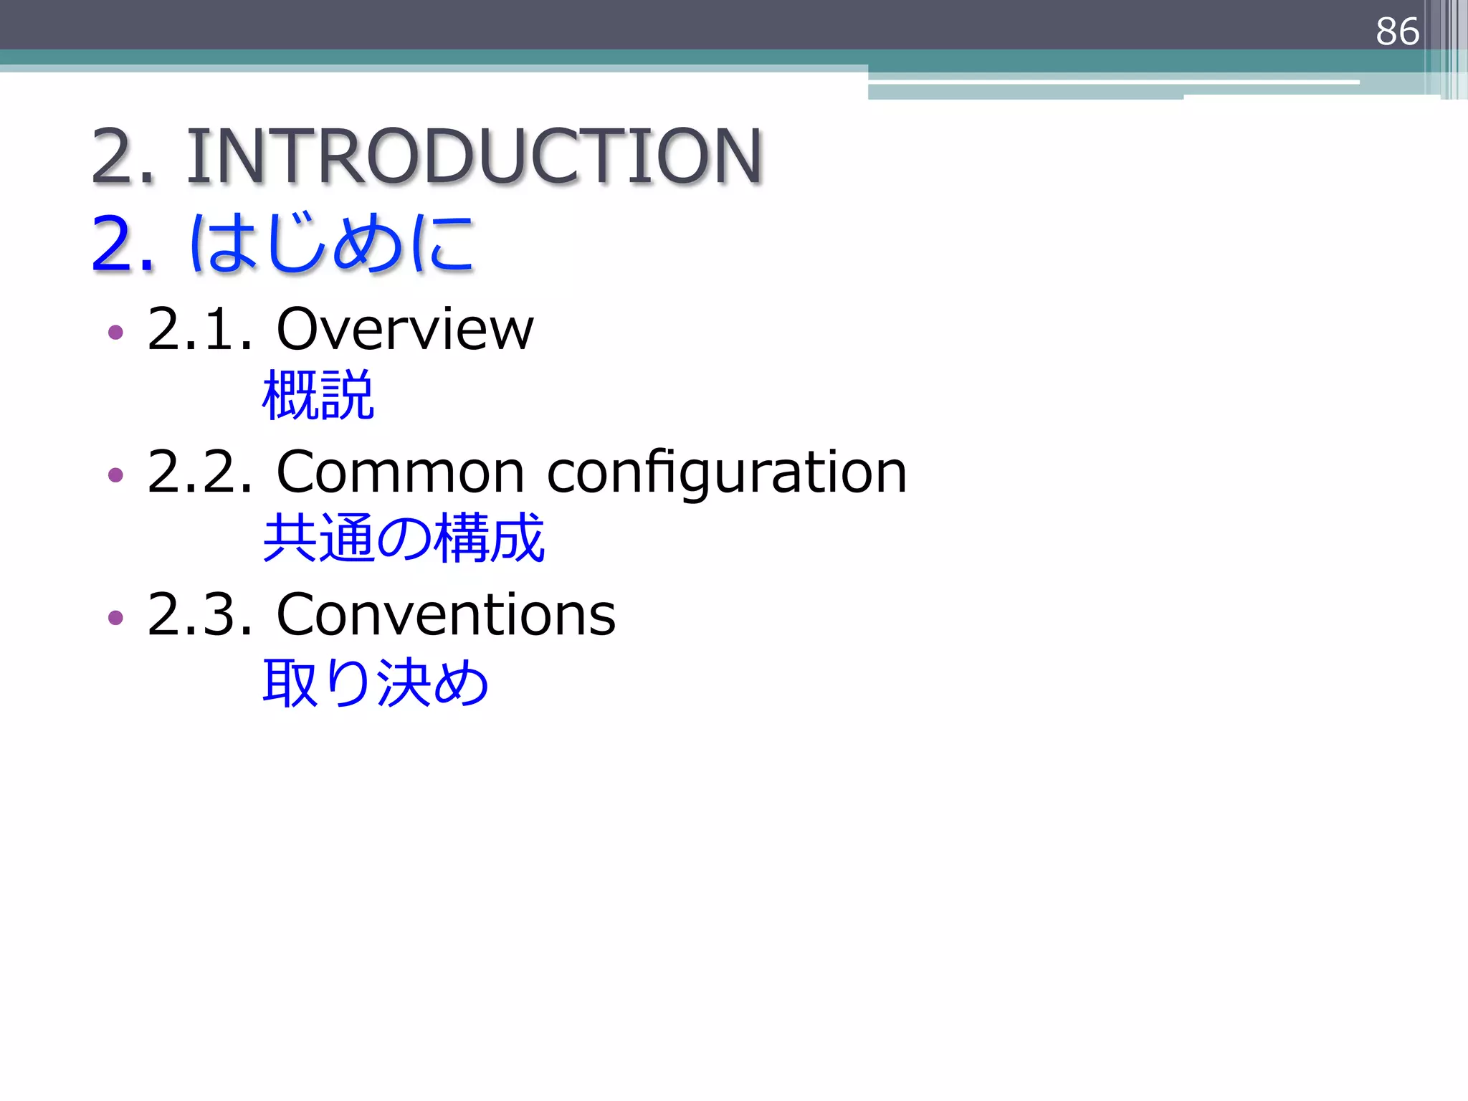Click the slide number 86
(x=1397, y=32)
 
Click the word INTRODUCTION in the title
(x=475, y=156)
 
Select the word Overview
(x=405, y=329)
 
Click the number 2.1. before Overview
(x=200, y=329)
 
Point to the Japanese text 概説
(x=318, y=395)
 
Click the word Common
(x=400, y=472)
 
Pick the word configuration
(x=727, y=474)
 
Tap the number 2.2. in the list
(x=200, y=472)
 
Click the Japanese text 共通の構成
(x=404, y=538)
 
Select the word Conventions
(x=446, y=614)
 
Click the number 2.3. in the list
(x=200, y=614)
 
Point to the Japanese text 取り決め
(x=376, y=682)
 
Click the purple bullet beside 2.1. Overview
(x=115, y=332)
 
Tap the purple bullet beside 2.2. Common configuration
(x=115, y=475)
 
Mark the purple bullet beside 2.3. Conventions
(x=115, y=617)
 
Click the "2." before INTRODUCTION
(x=123, y=156)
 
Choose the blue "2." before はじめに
(x=123, y=245)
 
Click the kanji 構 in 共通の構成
(x=460, y=538)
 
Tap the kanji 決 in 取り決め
(x=403, y=682)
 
